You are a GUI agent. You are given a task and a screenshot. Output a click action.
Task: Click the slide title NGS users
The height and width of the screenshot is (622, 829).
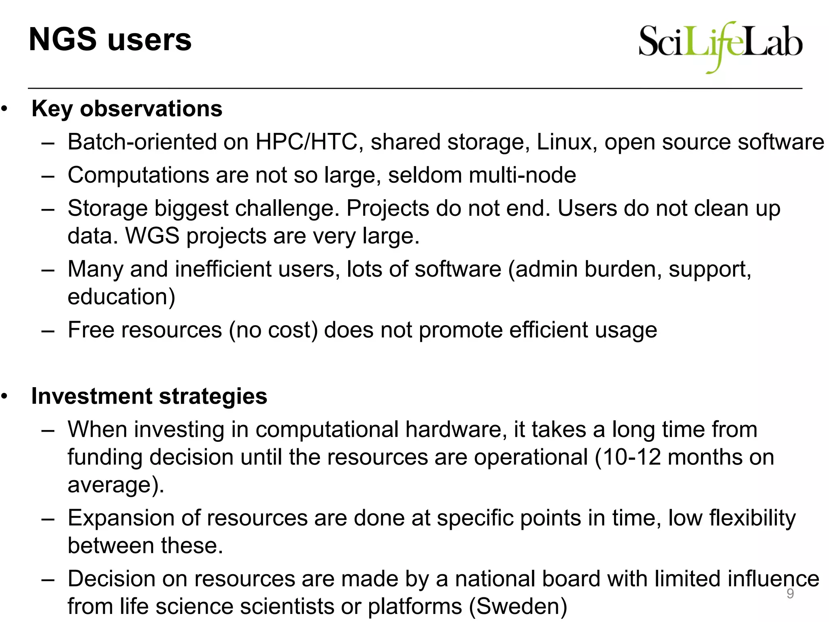click(110, 40)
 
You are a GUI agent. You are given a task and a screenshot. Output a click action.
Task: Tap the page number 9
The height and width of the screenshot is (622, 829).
click(790, 594)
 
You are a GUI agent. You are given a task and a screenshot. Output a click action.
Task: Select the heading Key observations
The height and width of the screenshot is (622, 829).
click(127, 109)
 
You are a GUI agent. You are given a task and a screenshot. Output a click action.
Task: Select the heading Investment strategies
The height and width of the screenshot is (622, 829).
click(149, 396)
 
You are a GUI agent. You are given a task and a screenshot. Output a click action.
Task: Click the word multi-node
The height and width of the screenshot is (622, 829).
click(522, 175)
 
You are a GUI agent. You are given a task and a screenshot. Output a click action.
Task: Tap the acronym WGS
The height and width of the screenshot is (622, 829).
click(152, 236)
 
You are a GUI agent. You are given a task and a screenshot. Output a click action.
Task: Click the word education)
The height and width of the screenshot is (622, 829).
click(121, 297)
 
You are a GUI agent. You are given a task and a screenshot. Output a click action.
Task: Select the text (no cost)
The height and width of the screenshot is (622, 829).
click(274, 330)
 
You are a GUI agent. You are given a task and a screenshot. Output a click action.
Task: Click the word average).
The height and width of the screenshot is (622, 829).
click(116, 485)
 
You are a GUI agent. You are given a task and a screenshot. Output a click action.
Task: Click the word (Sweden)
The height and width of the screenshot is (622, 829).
click(518, 607)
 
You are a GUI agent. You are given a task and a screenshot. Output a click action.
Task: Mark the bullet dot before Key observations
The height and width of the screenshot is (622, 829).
click(4, 109)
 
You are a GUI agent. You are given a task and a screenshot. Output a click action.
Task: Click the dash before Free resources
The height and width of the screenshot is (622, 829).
click(48, 330)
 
